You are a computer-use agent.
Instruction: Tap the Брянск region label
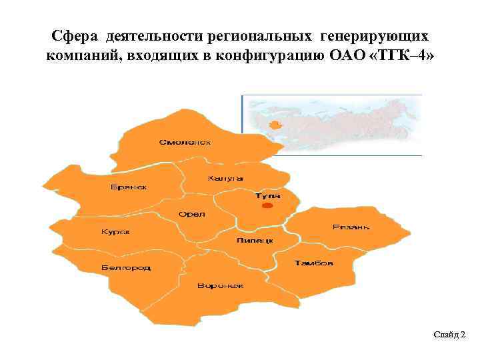(x=129, y=187)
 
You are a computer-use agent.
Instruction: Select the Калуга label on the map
(x=225, y=178)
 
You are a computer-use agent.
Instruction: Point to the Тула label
(x=267, y=196)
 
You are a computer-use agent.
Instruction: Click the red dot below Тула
(x=267, y=207)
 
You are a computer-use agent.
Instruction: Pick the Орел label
(x=192, y=214)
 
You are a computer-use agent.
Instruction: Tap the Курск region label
(x=115, y=232)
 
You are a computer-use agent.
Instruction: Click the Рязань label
(x=351, y=227)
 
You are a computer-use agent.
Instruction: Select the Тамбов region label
(x=314, y=263)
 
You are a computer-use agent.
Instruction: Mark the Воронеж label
(x=220, y=285)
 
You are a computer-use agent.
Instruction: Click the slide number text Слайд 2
(x=449, y=333)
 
